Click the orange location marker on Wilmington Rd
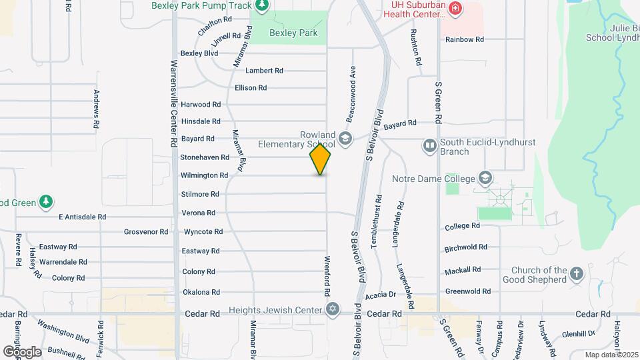click(x=320, y=159)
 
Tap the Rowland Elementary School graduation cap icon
click(x=345, y=139)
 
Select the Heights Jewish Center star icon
click(x=332, y=309)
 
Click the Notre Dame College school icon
click(x=485, y=178)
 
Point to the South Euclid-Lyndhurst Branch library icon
click(x=430, y=145)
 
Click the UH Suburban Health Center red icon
click(x=455, y=8)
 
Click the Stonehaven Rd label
click(x=205, y=157)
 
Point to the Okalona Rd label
click(x=201, y=292)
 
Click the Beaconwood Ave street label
click(x=349, y=94)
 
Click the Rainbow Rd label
click(x=465, y=39)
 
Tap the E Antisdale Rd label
click(x=82, y=217)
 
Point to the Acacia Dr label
click(x=381, y=294)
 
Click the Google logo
click(x=22, y=351)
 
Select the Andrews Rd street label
click(x=97, y=109)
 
